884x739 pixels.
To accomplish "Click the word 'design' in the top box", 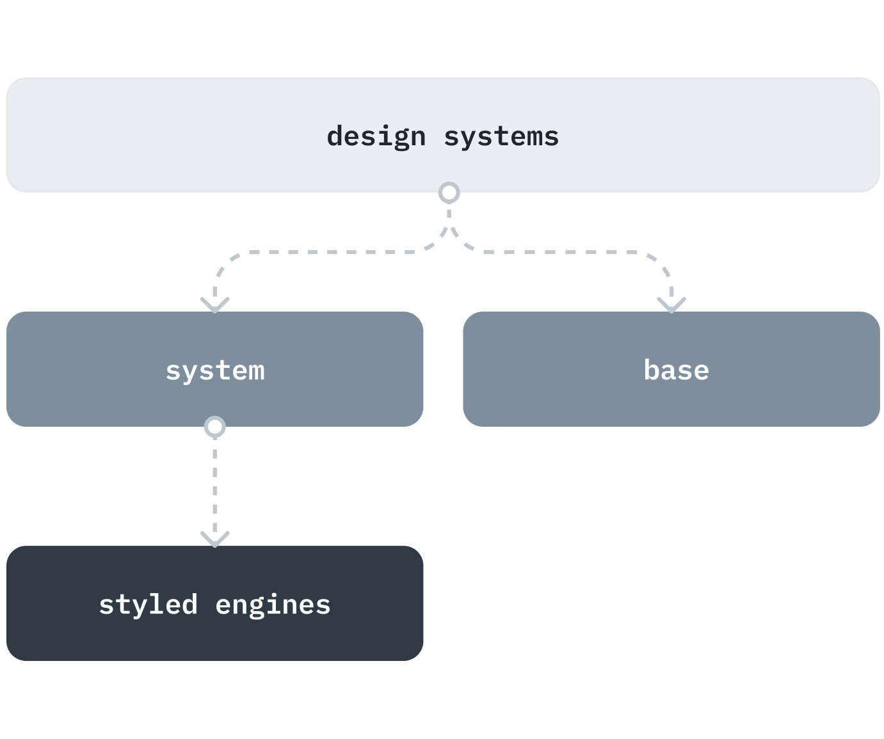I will pos(376,137).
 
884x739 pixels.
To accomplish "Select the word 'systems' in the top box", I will pos(501,137).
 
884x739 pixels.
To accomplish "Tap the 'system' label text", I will pos(215,371).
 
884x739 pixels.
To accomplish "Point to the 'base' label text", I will pos(676,370).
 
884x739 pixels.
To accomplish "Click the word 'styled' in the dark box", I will pos(148,605).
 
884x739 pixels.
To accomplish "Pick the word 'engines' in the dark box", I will pos(273,605).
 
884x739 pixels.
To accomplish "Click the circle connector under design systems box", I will pos(449,192).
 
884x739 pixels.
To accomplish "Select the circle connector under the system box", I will pos(214,426).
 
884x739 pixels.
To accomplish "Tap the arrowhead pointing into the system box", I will pos(215,303).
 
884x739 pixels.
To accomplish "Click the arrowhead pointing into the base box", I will pos(671,304).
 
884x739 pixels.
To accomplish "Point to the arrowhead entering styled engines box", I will pos(215,538).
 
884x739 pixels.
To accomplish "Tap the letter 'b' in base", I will pos(651,370).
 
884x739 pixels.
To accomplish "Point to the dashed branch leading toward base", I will pos(563,252).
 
